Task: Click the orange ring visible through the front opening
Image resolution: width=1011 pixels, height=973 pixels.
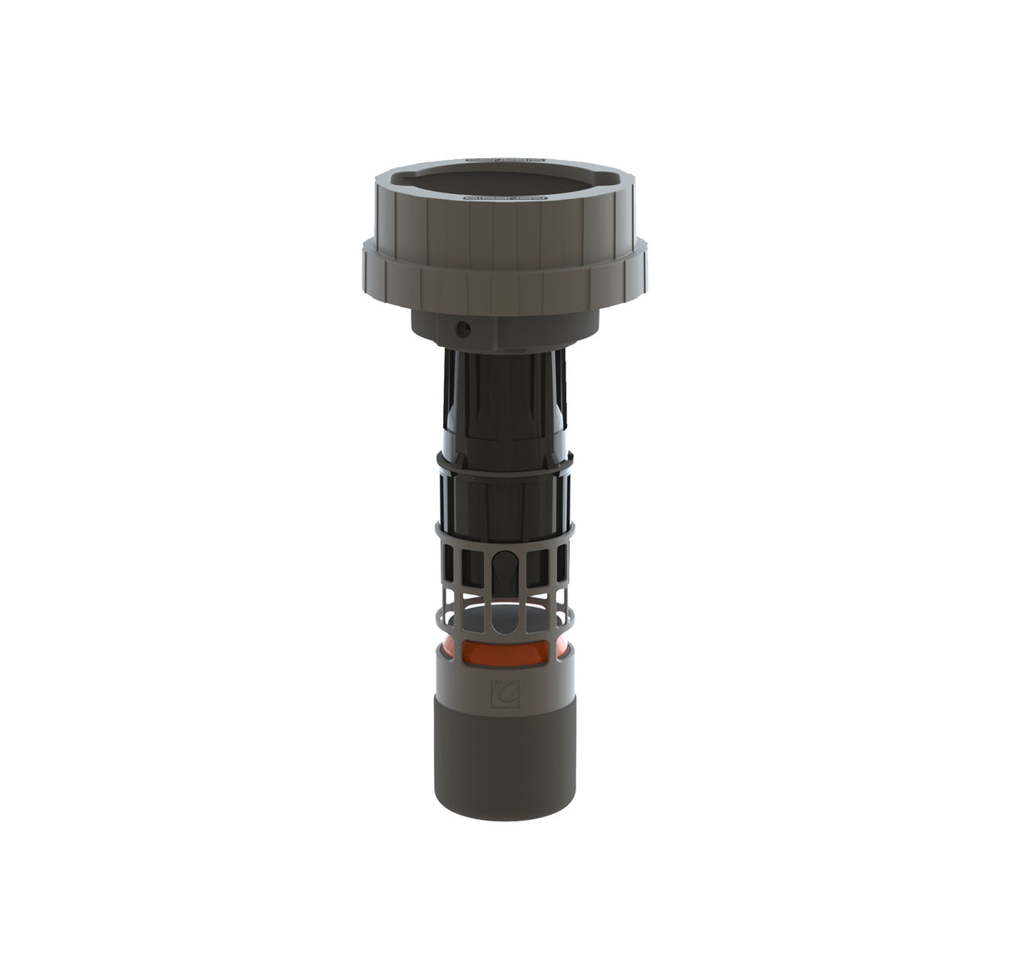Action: click(505, 651)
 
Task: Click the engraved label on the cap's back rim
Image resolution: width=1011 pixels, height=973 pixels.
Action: click(505, 156)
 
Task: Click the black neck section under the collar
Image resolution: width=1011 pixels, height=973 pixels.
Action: click(505, 391)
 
